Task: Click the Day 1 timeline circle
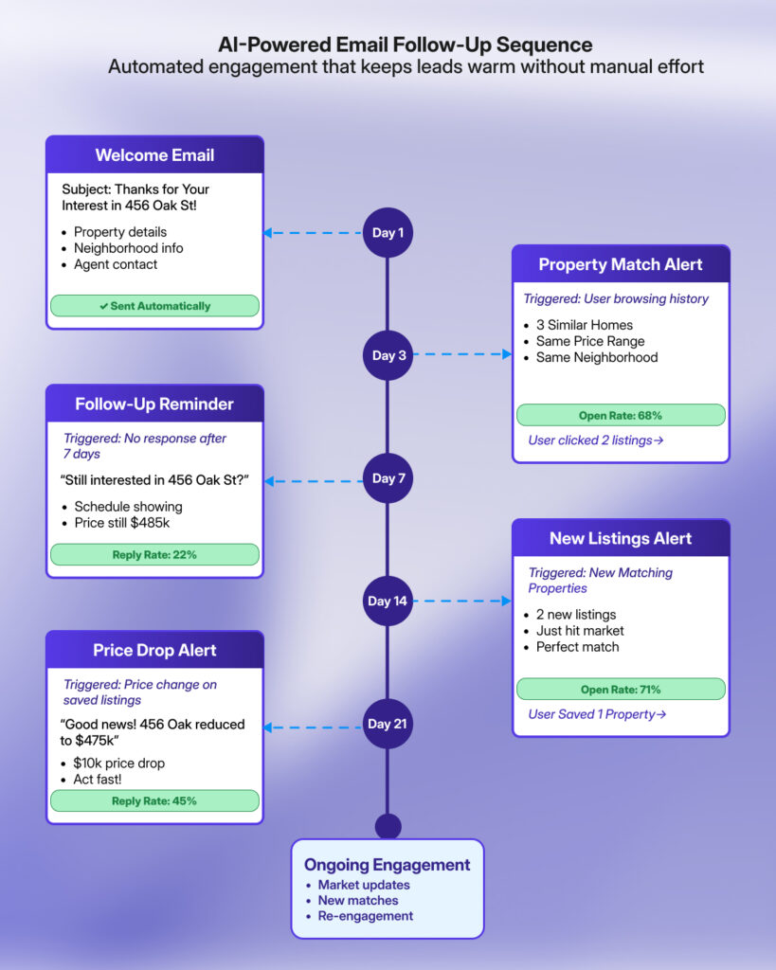[x=388, y=232]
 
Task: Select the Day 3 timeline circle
[x=388, y=355]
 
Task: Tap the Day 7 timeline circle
[x=388, y=478]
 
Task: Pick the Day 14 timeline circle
[x=388, y=601]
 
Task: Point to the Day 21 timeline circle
[x=388, y=724]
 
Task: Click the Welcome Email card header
[x=154, y=155]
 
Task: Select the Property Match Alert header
[x=621, y=264]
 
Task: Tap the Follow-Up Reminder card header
[x=154, y=404]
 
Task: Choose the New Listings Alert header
[x=621, y=538]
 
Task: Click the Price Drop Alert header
[x=154, y=650]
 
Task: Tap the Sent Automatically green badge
[x=154, y=306]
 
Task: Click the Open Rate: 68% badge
[x=621, y=415]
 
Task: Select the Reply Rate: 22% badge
[x=154, y=554]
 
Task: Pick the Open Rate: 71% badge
[x=621, y=689]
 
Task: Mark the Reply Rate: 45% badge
[x=154, y=800]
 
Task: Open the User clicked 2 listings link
[x=596, y=440]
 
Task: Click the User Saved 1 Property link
[x=597, y=714]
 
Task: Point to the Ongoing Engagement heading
[x=387, y=865]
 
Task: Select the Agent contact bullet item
[x=116, y=264]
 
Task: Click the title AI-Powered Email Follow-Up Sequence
[x=406, y=45]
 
